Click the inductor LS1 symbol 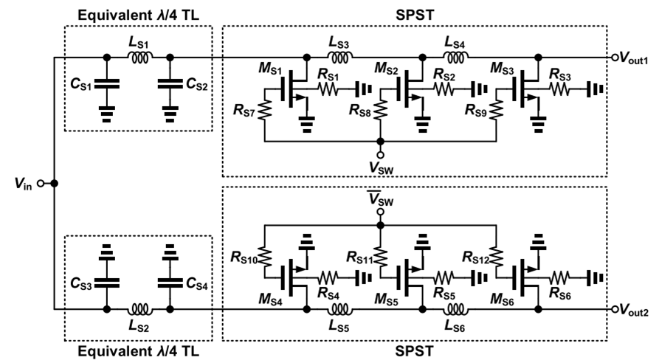(138, 56)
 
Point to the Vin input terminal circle (44, 182)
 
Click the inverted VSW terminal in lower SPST (380, 212)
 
